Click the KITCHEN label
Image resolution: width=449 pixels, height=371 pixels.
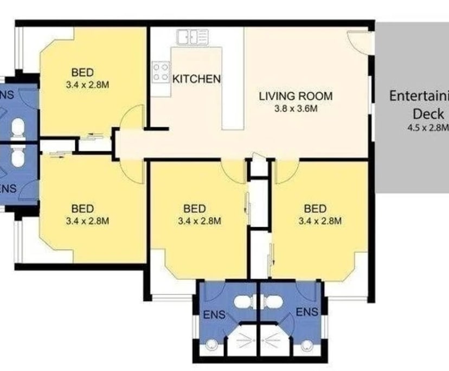point(196,79)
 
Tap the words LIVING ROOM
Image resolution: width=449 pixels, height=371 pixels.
point(295,97)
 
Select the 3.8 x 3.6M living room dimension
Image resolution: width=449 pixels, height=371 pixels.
point(295,108)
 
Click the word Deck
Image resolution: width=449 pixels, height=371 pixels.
point(428,114)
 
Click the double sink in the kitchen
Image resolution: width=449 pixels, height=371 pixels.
point(192,37)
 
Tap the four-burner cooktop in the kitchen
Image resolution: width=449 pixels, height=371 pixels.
point(161,72)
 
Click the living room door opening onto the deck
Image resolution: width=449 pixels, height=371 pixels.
point(360,40)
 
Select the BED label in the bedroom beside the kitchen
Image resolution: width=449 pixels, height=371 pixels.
point(83,72)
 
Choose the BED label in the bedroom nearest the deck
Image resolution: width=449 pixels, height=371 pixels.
point(315,208)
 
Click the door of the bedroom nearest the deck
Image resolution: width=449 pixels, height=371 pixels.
point(285,172)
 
